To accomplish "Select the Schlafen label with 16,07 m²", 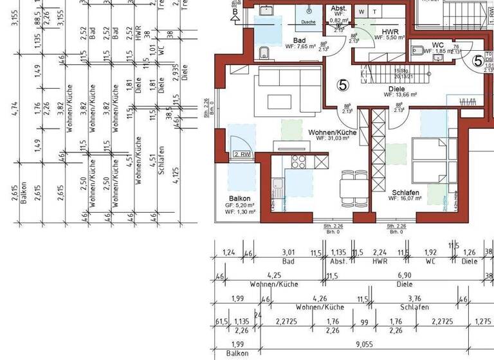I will (405, 192).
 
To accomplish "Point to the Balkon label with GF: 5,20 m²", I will (239, 199).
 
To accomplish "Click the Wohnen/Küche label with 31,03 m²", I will (332, 132).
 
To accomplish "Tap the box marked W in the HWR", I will (361, 12).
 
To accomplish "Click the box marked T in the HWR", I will (375, 12).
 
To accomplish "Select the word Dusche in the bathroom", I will (308, 21).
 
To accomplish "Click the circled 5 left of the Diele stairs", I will (342, 84).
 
